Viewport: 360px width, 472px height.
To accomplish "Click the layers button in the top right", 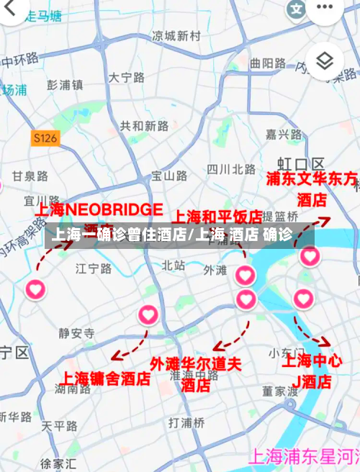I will (325, 61).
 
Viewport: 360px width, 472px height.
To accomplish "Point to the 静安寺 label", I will (76, 332).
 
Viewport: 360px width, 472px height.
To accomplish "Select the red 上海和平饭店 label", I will (216, 216).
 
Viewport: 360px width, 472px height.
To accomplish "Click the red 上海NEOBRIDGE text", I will (100, 210).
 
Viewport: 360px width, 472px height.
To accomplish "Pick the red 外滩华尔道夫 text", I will (195, 364).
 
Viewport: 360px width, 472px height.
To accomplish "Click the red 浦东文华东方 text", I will (312, 179).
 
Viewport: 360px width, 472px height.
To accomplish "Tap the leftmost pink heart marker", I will (36, 289).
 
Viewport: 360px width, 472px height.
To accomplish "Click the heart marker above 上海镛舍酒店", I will (148, 314).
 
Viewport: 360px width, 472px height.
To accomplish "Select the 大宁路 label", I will (127, 77).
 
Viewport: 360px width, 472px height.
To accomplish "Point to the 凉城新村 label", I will (176, 35).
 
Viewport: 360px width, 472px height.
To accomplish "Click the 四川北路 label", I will (230, 169).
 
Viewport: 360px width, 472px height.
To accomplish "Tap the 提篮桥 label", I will (281, 216).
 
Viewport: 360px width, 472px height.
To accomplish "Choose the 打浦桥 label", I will (186, 422).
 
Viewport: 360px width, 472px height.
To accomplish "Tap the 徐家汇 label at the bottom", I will (58, 463).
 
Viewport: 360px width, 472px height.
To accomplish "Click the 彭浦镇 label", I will (66, 84).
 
